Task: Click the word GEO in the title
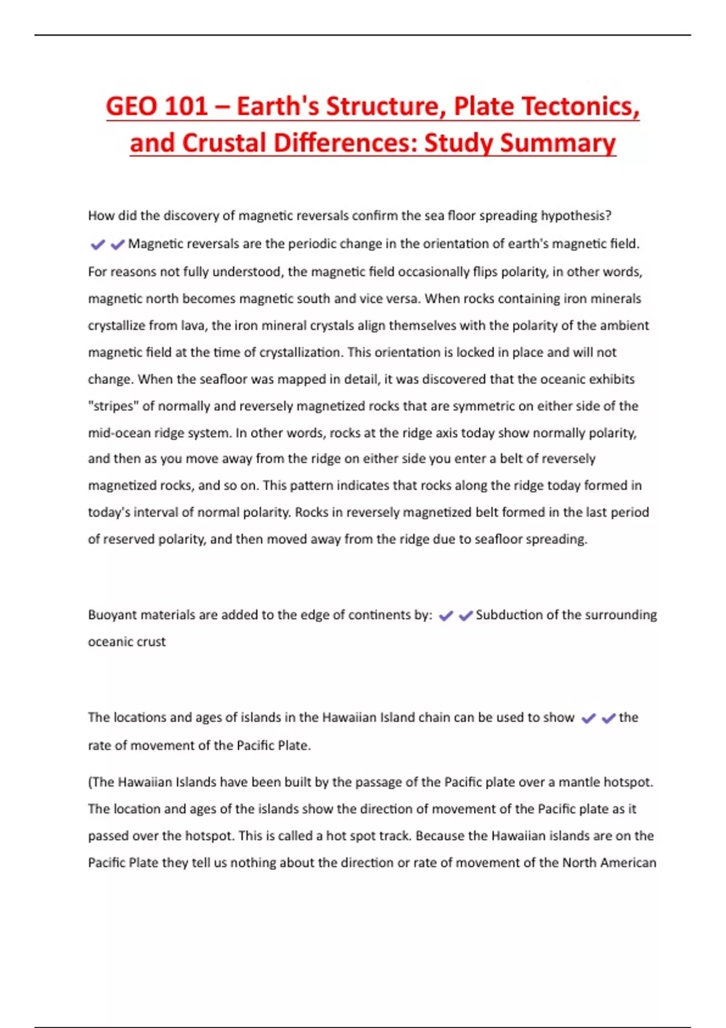pyautogui.click(x=131, y=106)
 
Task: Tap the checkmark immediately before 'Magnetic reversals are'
pyautogui.click(x=117, y=244)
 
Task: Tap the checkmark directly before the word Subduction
pyautogui.click(x=466, y=616)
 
